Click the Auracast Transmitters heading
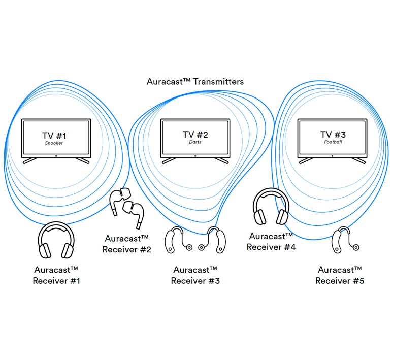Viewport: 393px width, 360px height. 195,81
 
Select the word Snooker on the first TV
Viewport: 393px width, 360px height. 56,143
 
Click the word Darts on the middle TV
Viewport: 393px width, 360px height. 195,142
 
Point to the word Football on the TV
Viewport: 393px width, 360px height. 333,142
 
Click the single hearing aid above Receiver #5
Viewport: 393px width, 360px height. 340,241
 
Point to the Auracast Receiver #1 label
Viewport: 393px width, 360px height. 56,275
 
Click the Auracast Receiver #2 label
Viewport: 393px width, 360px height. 127,244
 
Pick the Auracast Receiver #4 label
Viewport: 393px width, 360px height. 271,241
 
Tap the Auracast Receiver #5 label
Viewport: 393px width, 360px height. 340,275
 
